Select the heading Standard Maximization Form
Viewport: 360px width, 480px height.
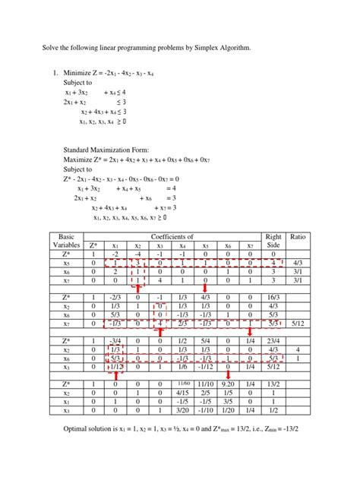click(x=113, y=150)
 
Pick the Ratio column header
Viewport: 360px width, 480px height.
click(x=297, y=236)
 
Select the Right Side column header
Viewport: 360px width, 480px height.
click(x=272, y=241)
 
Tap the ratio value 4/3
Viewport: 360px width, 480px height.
click(x=297, y=264)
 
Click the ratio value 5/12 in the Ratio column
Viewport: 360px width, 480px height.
click(x=297, y=324)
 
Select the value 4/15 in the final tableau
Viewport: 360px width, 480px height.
click(x=182, y=394)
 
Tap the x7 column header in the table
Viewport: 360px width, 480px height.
click(x=249, y=245)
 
